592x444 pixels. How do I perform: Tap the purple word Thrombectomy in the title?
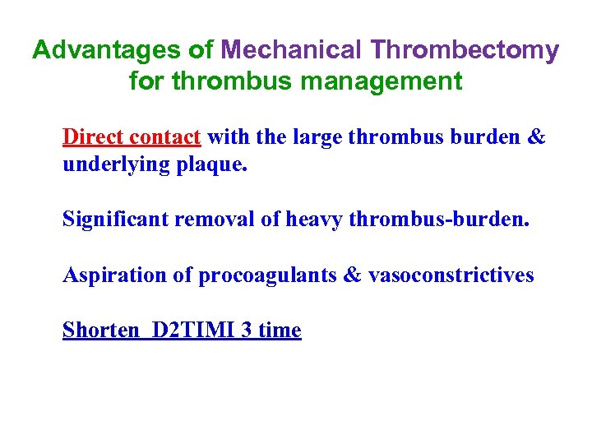(x=465, y=51)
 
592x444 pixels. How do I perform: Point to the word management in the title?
(x=391, y=81)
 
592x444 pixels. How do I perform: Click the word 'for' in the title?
(x=146, y=81)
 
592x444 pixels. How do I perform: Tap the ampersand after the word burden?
(x=535, y=136)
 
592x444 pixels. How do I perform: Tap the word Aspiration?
(x=114, y=275)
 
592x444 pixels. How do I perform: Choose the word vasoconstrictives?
(x=451, y=275)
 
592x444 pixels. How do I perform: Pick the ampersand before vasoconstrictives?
(x=350, y=275)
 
